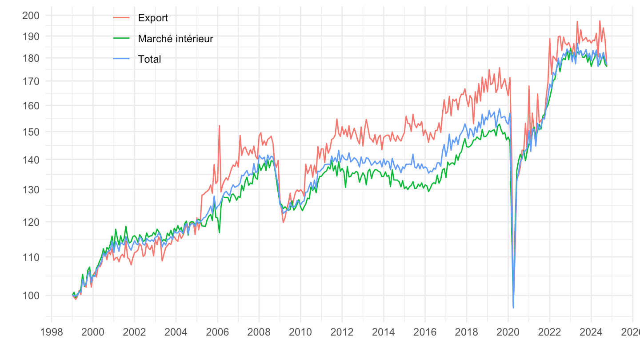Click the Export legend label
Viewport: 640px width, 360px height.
(x=153, y=18)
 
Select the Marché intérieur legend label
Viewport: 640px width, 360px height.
(x=176, y=39)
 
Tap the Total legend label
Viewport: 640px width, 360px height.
(x=149, y=59)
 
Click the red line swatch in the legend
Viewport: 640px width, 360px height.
(x=121, y=18)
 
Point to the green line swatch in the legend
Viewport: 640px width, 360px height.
(x=121, y=39)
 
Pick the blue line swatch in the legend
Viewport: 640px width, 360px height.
(x=121, y=59)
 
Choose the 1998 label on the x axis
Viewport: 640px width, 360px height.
(x=52, y=331)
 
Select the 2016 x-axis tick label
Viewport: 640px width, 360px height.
(x=425, y=331)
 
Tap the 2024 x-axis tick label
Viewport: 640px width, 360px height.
(x=591, y=331)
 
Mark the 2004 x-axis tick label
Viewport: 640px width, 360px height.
(x=176, y=331)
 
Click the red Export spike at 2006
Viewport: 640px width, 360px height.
(x=219, y=126)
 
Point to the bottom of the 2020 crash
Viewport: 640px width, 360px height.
(x=513, y=308)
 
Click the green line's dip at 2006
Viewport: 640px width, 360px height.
(x=219, y=232)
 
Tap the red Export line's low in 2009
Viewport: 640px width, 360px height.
(x=283, y=222)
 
